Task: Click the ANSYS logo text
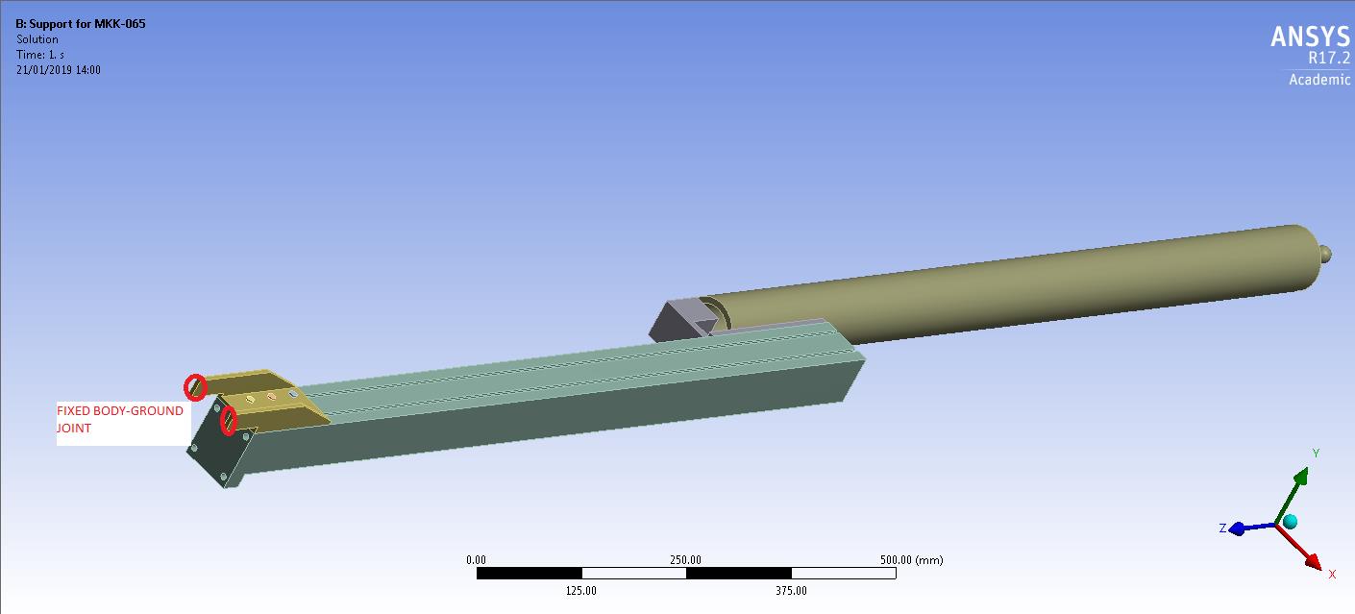(1309, 37)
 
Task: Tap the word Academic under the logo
(1318, 80)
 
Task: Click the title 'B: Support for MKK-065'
(81, 23)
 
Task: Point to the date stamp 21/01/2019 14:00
(58, 70)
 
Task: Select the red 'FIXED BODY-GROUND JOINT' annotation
(120, 420)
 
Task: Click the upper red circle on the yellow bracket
(195, 387)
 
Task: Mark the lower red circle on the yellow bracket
(229, 421)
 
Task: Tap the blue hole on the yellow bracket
(293, 394)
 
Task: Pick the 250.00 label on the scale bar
(685, 560)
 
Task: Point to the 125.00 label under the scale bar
(580, 590)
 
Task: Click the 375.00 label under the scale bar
(790, 590)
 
